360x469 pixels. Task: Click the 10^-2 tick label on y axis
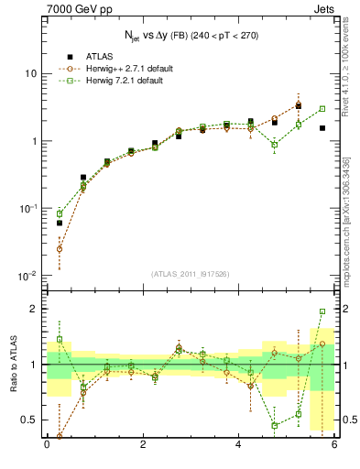point(27,277)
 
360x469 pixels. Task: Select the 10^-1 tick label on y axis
point(27,209)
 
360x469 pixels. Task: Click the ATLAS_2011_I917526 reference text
point(191,272)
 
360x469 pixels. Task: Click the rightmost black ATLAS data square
point(322,128)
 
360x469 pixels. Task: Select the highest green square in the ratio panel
point(322,311)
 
